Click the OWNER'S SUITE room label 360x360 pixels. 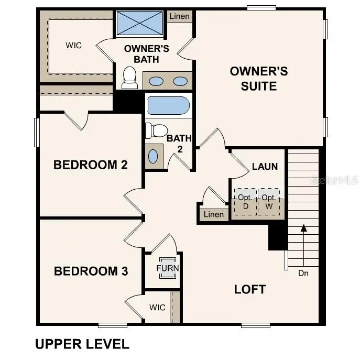(x=258, y=79)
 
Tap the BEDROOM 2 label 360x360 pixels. (x=91, y=165)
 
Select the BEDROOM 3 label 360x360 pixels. (x=91, y=271)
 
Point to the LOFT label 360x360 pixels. (x=249, y=289)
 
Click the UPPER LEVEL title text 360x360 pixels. (x=82, y=344)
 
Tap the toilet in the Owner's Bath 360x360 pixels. (x=129, y=78)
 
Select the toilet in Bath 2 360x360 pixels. (x=156, y=130)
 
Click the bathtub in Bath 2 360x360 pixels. (x=168, y=105)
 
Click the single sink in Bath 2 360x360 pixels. (x=153, y=156)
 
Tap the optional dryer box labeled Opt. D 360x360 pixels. (x=244, y=201)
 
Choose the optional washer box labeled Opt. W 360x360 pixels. (x=268, y=201)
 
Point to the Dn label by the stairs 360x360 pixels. (x=303, y=273)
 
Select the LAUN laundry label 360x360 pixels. (x=265, y=167)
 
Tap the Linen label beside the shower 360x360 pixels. (x=180, y=16)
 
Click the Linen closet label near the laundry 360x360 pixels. (x=213, y=214)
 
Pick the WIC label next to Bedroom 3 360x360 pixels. (x=157, y=307)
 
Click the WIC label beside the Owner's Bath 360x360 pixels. (x=73, y=45)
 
